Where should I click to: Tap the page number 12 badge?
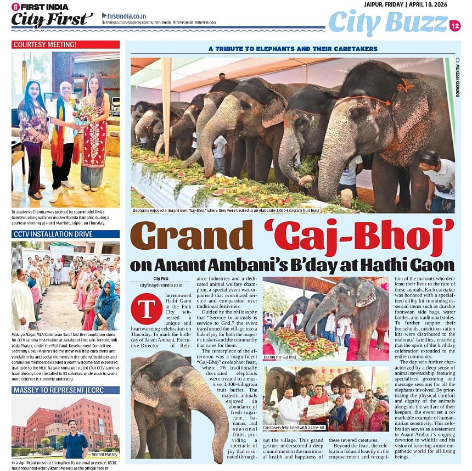coord(454,25)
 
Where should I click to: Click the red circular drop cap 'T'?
coord(147,309)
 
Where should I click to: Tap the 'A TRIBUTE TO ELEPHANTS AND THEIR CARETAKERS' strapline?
coord(293,49)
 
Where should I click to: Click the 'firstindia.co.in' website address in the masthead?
coord(127,15)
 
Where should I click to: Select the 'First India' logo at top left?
coord(40,7)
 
